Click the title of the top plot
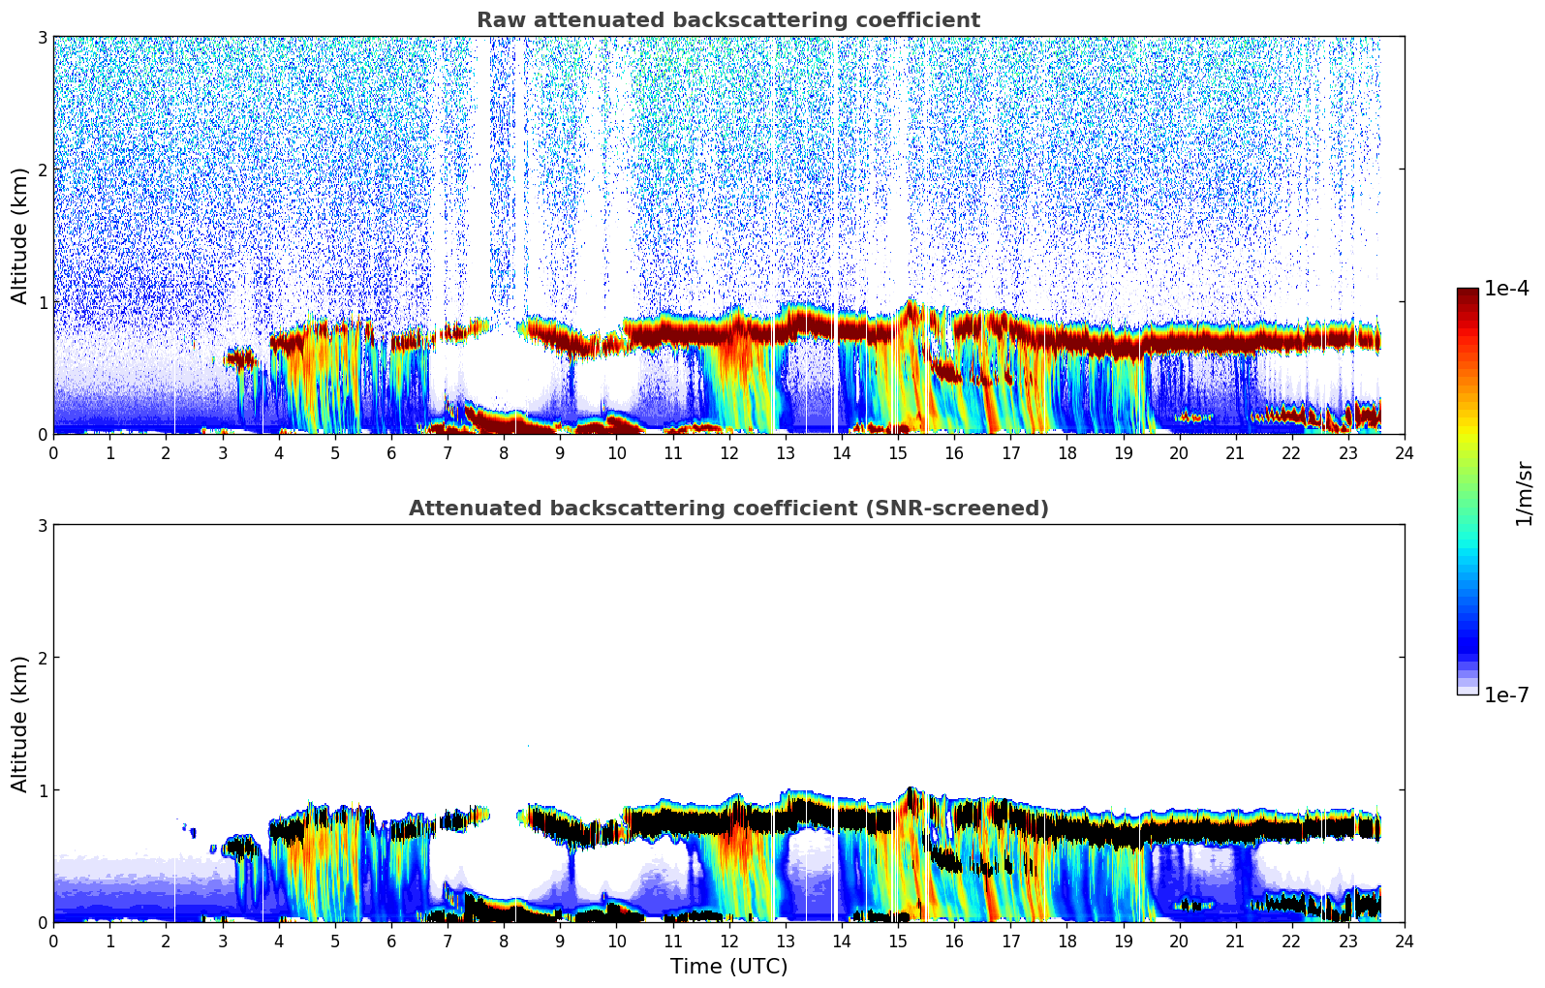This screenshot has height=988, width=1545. click(727, 20)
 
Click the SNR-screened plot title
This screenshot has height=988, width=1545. click(727, 509)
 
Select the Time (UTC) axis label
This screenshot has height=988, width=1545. click(728, 967)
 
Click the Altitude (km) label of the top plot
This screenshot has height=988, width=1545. click(19, 235)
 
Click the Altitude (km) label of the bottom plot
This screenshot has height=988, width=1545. click(19, 724)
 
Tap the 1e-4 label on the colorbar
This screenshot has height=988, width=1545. click(1506, 289)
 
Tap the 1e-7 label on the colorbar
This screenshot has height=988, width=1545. click(1506, 695)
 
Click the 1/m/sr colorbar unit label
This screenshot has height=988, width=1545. click(1524, 492)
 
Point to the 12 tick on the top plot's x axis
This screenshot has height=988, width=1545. click(728, 452)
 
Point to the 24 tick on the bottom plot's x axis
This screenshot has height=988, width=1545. click(1404, 941)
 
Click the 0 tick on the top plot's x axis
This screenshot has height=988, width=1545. click(53, 452)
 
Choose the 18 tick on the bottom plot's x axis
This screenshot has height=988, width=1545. click(1066, 941)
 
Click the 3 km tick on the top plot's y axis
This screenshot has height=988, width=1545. click(42, 37)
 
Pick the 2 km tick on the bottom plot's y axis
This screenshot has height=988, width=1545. click(42, 658)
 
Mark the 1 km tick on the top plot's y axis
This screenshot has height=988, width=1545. click(42, 302)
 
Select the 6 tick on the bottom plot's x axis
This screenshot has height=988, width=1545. click(391, 941)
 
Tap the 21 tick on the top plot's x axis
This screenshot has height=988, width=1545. click(1235, 452)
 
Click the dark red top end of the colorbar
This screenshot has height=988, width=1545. click(1467, 292)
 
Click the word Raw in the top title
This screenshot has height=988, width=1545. click(497, 20)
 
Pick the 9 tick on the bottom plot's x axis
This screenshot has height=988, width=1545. click(560, 941)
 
